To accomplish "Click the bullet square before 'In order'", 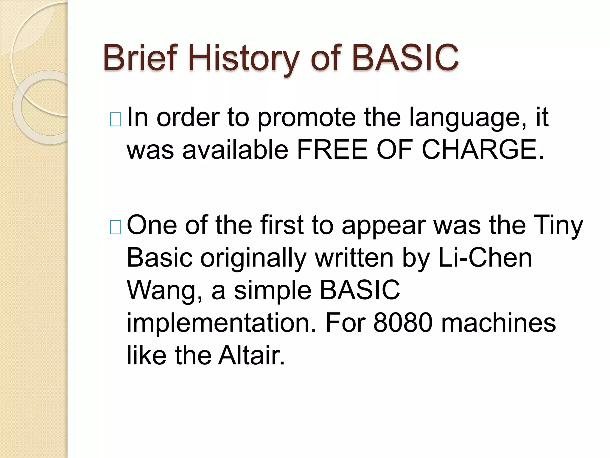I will click(115, 120).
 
